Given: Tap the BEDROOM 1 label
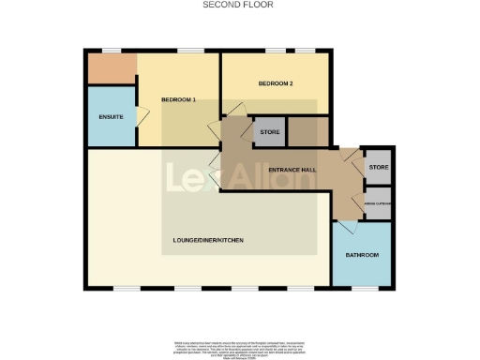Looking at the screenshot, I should [179, 99].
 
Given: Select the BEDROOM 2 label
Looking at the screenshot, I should [277, 83].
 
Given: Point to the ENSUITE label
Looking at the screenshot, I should [111, 117].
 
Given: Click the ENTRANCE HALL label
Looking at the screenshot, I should [291, 170].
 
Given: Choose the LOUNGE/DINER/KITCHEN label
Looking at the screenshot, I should [208, 241].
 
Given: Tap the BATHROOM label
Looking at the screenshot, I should [362, 255].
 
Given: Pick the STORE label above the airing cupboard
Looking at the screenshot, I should [378, 168].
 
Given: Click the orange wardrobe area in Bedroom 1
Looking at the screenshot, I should [112, 67].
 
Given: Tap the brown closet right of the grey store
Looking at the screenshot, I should [307, 132].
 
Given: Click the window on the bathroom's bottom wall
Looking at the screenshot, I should [363, 287].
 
